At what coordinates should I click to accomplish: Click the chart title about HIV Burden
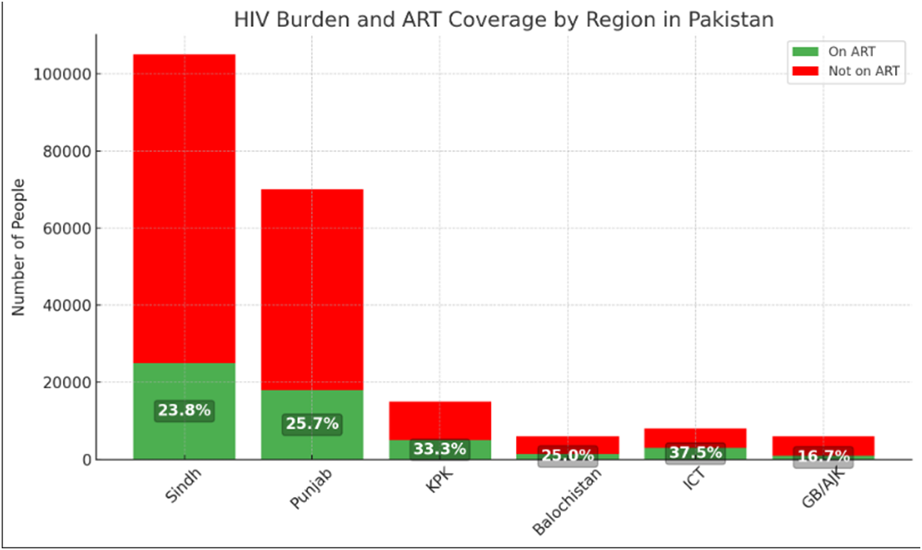(x=503, y=19)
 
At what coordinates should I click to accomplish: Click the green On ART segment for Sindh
(x=185, y=384)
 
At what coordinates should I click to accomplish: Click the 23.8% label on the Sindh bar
(x=185, y=410)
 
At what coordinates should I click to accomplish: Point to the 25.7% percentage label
(x=312, y=424)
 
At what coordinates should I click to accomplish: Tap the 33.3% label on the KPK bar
(x=439, y=449)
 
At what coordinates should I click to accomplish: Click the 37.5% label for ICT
(x=695, y=453)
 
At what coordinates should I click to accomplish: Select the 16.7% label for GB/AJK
(x=822, y=456)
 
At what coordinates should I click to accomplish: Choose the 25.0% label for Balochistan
(x=568, y=455)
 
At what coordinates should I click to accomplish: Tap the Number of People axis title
(x=19, y=247)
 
